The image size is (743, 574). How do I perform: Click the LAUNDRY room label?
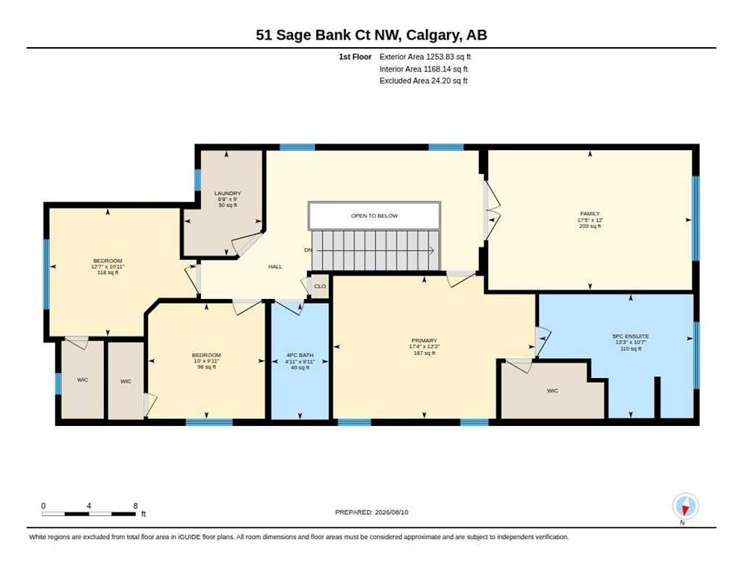[x=227, y=194]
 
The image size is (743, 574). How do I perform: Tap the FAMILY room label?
[x=590, y=214]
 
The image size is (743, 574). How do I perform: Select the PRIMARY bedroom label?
[x=424, y=341]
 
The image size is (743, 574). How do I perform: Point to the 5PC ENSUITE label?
[x=630, y=336]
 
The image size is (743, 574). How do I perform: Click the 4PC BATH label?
[x=300, y=355]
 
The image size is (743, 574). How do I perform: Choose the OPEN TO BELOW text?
[x=374, y=216]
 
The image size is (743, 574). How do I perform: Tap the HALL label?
[x=275, y=267]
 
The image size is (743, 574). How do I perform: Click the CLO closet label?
[x=320, y=286]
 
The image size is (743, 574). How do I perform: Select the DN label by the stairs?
[x=309, y=250]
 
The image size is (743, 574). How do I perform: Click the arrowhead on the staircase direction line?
[x=432, y=250]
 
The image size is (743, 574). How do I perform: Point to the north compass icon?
[x=685, y=507]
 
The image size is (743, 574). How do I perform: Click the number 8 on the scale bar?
[x=135, y=506]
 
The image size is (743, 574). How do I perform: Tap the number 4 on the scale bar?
[x=89, y=506]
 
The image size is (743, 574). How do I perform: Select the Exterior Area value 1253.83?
[x=440, y=57]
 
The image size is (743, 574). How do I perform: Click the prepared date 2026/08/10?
[x=392, y=513]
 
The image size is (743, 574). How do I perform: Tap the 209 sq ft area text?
[x=590, y=226]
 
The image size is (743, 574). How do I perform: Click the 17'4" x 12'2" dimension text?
[x=424, y=347]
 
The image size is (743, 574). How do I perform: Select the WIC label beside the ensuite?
[x=552, y=391]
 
